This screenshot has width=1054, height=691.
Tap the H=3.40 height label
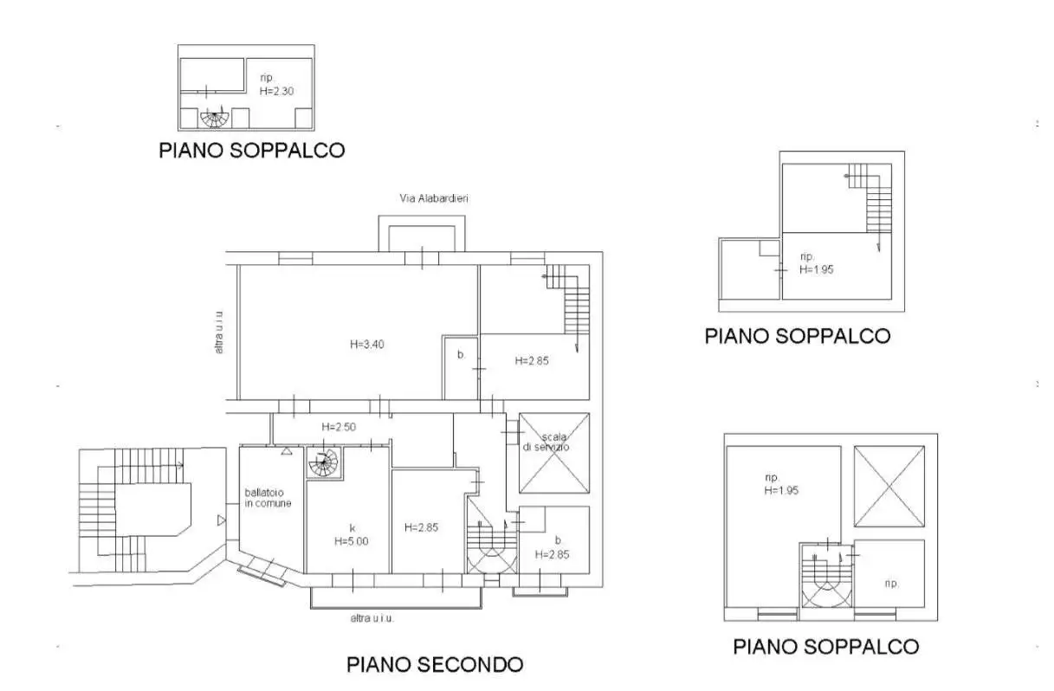[367, 344]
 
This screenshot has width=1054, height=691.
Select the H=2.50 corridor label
[338, 427]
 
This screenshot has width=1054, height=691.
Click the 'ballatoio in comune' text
[268, 498]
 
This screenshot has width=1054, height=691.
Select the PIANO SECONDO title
[435, 665]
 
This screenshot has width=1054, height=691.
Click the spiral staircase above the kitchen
[323, 462]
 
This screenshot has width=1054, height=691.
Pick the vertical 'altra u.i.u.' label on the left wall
[221, 332]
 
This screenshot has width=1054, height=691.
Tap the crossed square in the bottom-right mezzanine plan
[889, 487]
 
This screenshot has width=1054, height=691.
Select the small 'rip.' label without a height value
[890, 583]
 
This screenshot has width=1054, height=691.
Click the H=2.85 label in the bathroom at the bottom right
[552, 555]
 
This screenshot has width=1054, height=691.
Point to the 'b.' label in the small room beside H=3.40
[462, 354]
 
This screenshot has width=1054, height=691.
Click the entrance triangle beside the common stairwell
[222, 520]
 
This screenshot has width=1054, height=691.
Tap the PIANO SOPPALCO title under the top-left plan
[251, 151]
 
